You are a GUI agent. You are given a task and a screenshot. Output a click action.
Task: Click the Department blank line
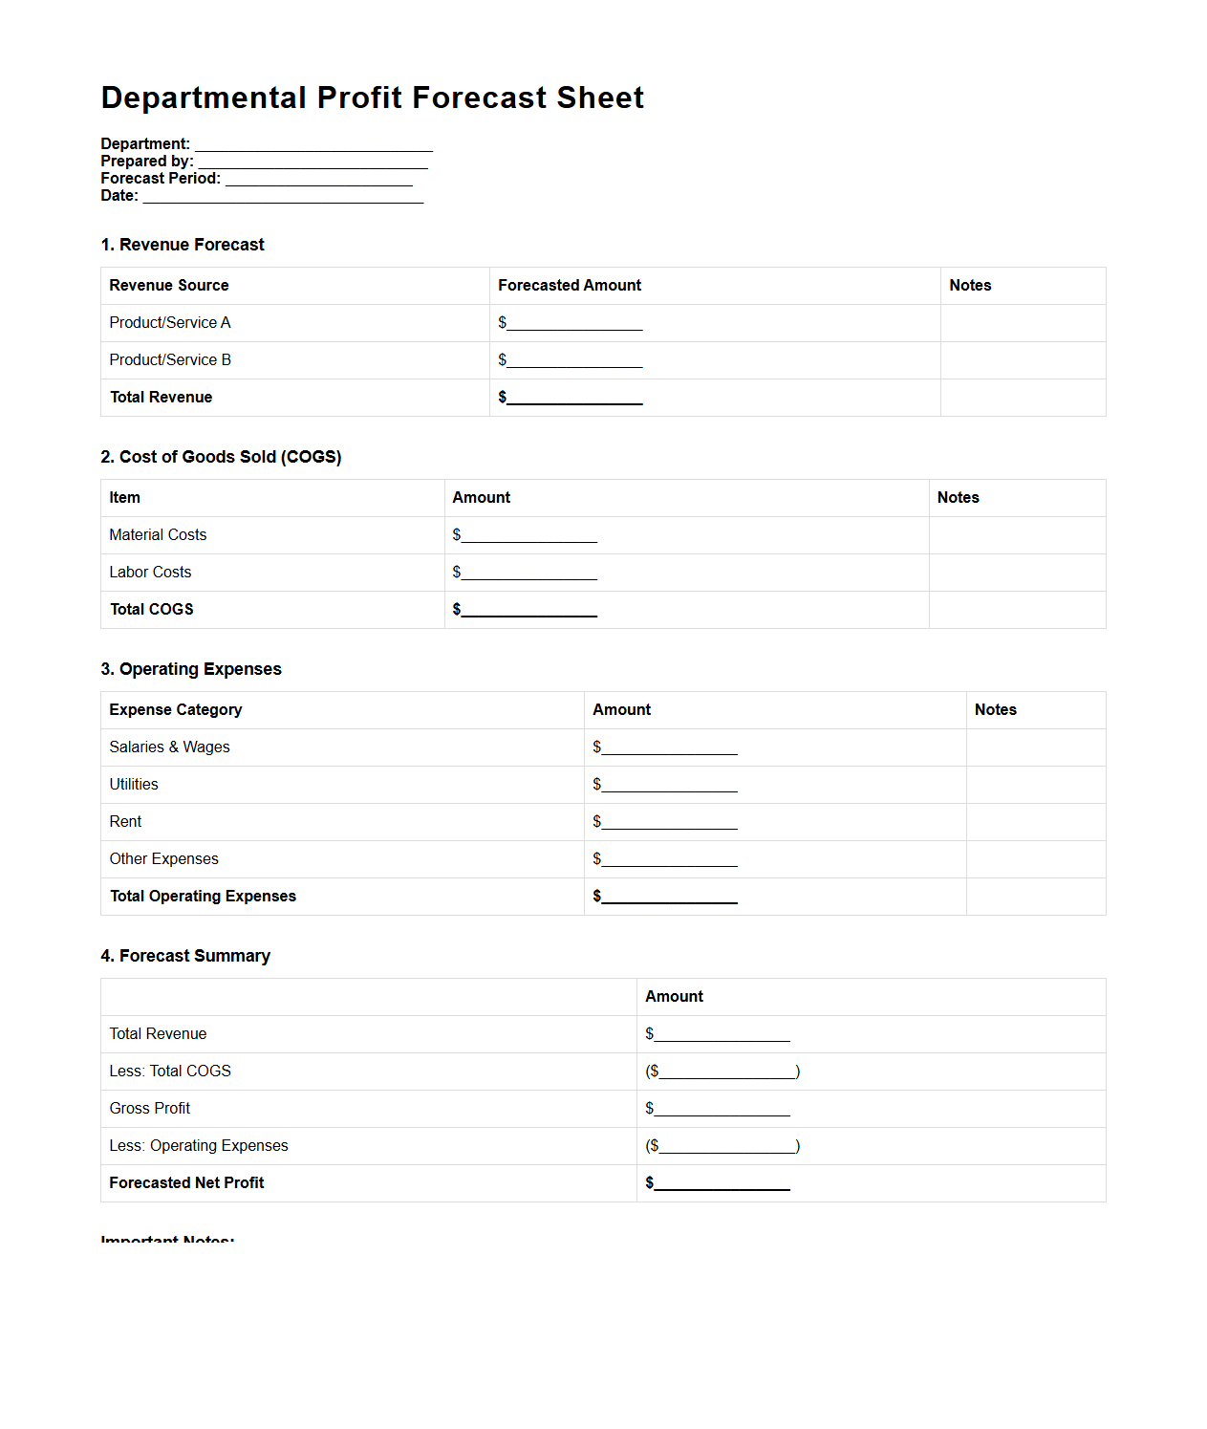pyautogui.click(x=313, y=145)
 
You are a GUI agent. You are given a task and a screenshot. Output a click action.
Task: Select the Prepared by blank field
pyautogui.click(x=313, y=162)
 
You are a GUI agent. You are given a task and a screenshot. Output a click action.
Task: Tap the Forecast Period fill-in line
pyautogui.click(x=318, y=180)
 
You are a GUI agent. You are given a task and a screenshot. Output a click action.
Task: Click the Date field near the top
pyautogui.click(x=283, y=197)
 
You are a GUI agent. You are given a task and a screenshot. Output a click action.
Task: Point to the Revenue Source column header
pyautogui.click(x=169, y=286)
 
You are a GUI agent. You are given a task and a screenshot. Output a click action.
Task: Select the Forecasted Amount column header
pyautogui.click(x=570, y=286)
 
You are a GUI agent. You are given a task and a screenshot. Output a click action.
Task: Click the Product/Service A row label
pyautogui.click(x=170, y=323)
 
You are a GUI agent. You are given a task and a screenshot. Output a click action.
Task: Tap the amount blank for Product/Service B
pyautogui.click(x=574, y=361)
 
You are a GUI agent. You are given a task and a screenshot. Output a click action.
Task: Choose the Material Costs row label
pyautogui.click(x=158, y=535)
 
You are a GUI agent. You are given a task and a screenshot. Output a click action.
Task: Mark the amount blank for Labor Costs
pyautogui.click(x=528, y=574)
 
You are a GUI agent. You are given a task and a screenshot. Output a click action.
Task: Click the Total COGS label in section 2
pyautogui.click(x=152, y=610)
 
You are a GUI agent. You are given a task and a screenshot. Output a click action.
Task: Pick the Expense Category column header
pyautogui.click(x=176, y=710)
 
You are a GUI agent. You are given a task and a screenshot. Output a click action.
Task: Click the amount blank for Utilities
pyautogui.click(x=669, y=786)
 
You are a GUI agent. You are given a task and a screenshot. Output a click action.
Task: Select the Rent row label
pyautogui.click(x=125, y=822)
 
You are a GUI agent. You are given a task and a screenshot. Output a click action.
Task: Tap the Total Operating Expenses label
pyautogui.click(x=203, y=897)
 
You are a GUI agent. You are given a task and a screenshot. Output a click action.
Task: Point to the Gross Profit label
pyautogui.click(x=150, y=1109)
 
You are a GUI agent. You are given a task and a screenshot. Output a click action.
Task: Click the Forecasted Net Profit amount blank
pyautogui.click(x=722, y=1184)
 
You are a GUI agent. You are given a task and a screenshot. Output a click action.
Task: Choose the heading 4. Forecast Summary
pyautogui.click(x=185, y=956)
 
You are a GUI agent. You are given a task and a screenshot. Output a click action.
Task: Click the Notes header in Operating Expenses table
pyautogui.click(x=995, y=710)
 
